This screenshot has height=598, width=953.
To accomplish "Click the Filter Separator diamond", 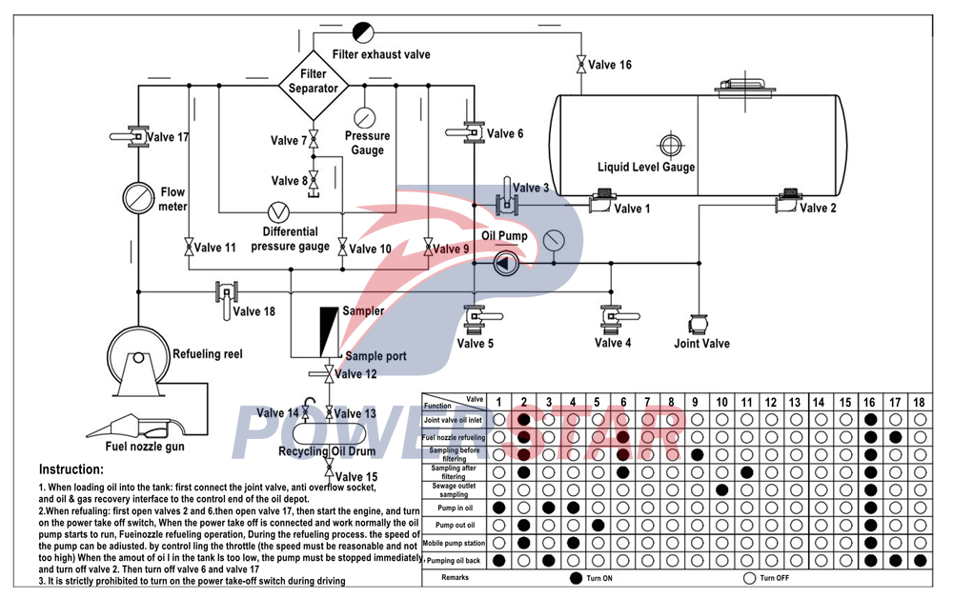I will coord(314,82).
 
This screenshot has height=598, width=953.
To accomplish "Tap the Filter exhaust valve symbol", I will coord(363,31).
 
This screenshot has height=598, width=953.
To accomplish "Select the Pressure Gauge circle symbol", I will coord(364,117).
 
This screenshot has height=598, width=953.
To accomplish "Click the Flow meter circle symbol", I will coord(139,199).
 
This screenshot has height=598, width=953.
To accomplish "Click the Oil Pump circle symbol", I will coord(506,265).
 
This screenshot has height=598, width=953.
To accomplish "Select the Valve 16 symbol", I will coord(580,66).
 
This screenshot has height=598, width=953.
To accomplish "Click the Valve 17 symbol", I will coord(138,136).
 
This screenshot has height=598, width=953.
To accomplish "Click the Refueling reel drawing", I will coord(134,362).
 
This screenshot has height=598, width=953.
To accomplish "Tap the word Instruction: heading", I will coord(71,469).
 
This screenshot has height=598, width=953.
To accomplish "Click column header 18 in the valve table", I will coord(918,404).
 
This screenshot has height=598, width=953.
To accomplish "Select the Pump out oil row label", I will coord(455,525).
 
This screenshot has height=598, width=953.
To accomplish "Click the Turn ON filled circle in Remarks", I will coord(575,578).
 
